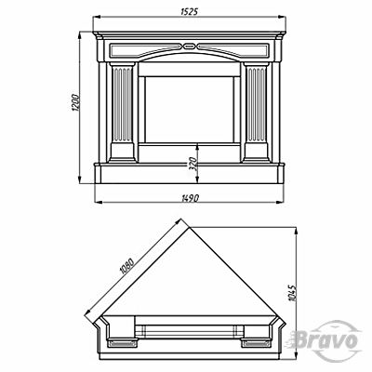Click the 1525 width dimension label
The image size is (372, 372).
[189, 11]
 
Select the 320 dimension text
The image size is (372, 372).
[193, 164]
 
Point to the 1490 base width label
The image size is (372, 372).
[190, 198]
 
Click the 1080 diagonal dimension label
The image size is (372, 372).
[127, 266]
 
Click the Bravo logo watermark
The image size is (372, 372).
[325, 340]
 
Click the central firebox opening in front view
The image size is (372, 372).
[189, 110]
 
